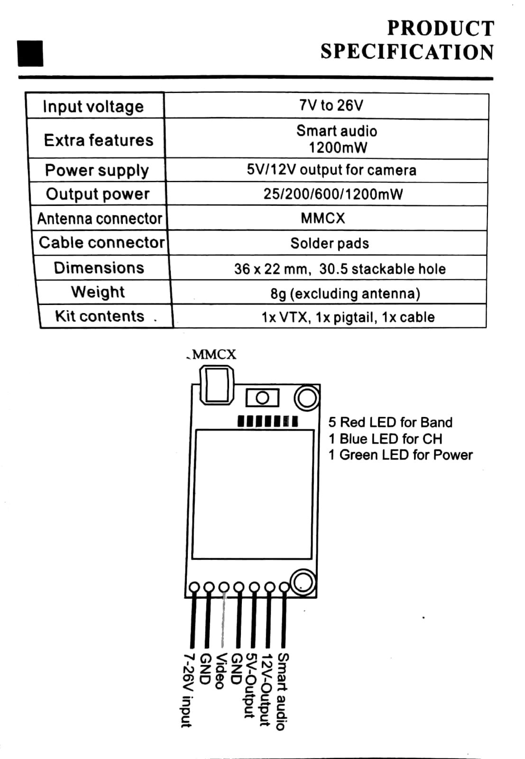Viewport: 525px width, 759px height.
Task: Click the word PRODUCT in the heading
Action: point(441,28)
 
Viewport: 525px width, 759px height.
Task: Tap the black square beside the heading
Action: point(30,53)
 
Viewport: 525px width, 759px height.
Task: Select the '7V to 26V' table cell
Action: point(331,105)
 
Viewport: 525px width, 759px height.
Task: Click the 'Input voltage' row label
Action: point(93,106)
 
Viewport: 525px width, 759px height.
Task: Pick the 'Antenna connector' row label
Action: point(100,219)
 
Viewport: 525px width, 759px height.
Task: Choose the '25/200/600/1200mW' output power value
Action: point(333,194)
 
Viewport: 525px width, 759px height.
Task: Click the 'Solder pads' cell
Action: point(330,243)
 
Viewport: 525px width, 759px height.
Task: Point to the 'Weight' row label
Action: point(98,292)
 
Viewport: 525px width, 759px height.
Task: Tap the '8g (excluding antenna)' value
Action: point(345,294)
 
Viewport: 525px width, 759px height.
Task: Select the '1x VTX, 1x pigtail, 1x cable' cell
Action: point(348,317)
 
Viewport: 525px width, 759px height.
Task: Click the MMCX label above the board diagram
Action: point(214,355)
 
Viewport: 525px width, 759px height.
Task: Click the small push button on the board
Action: point(263,398)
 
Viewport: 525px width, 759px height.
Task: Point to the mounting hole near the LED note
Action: point(307,398)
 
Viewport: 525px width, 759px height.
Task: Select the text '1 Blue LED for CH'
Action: point(385,439)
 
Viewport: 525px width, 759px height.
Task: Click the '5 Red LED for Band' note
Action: point(390,422)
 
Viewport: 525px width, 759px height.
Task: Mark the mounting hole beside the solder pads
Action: point(303,583)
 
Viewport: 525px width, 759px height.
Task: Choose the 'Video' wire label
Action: point(221,671)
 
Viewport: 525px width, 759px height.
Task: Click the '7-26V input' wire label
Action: point(188,690)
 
